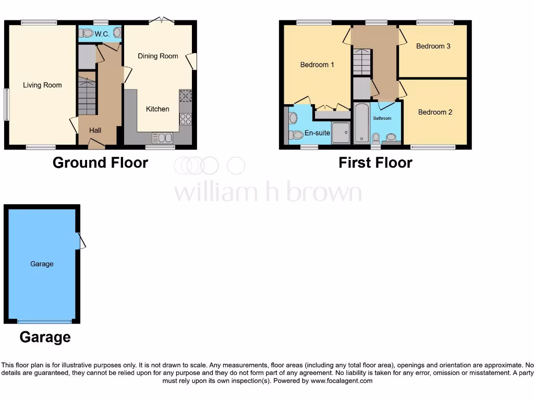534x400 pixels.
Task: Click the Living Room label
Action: point(42,85)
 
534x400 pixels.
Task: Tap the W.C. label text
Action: point(102,34)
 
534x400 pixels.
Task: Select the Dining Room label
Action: point(157,56)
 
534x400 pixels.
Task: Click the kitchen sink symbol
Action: point(162,137)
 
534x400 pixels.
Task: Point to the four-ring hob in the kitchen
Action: point(185,118)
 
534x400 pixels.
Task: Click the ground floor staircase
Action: point(87,96)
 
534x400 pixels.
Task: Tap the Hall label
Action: point(95,130)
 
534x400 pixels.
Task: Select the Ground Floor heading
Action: point(100,162)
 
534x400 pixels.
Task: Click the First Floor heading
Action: point(375,162)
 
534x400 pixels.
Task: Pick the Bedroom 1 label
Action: point(317,65)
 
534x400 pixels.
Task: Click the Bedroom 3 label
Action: point(433,46)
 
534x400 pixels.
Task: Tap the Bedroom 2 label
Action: point(435,112)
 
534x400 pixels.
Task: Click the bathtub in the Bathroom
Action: point(361,123)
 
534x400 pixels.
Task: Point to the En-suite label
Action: point(317,133)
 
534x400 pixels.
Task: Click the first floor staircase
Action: point(361,62)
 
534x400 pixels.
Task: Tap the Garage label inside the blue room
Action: point(42,264)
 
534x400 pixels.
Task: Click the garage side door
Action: point(81,241)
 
